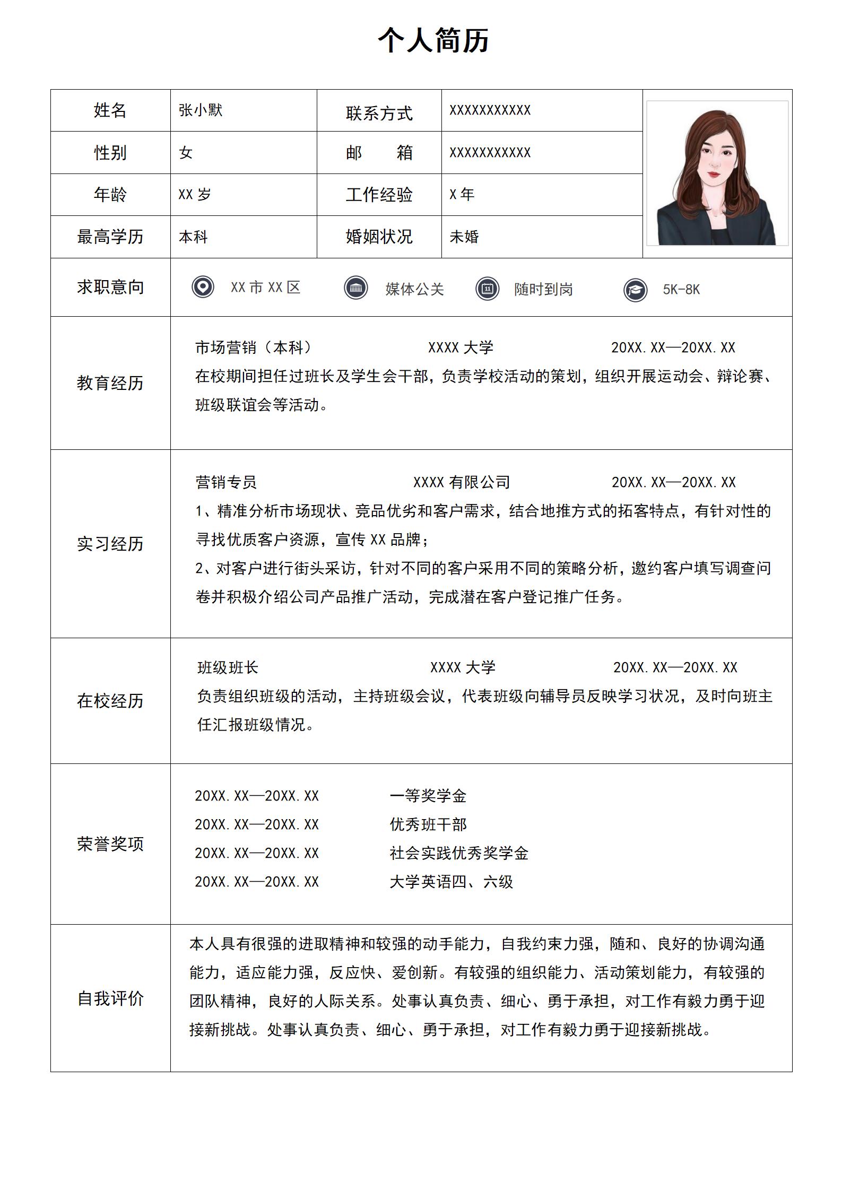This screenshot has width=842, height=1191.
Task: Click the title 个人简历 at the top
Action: tap(433, 40)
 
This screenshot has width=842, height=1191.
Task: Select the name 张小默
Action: tap(201, 110)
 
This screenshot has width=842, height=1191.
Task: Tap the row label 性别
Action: tap(110, 153)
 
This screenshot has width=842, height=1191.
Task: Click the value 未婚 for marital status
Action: tap(464, 237)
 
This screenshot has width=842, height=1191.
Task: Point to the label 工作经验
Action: tap(379, 195)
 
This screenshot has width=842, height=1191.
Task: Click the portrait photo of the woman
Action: tap(717, 174)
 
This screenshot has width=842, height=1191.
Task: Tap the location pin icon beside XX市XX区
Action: tap(203, 288)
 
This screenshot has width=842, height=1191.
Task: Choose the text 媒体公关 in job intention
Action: tap(414, 289)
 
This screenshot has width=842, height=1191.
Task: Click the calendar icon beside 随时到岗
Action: tap(487, 289)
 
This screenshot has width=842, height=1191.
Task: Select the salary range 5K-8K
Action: tap(681, 290)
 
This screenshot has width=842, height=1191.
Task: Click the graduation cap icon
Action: tap(635, 290)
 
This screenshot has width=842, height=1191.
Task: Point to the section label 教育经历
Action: tap(110, 383)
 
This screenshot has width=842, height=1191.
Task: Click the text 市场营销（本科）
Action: tap(254, 347)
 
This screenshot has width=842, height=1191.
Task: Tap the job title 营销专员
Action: tap(226, 482)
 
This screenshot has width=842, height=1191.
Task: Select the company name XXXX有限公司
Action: tap(462, 482)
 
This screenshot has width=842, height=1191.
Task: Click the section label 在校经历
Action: tap(110, 701)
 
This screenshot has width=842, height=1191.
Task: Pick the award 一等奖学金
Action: tap(428, 796)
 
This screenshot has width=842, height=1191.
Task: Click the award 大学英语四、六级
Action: tap(451, 882)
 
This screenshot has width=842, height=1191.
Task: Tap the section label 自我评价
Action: tap(110, 998)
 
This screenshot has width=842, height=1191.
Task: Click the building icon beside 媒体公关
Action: tap(355, 288)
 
